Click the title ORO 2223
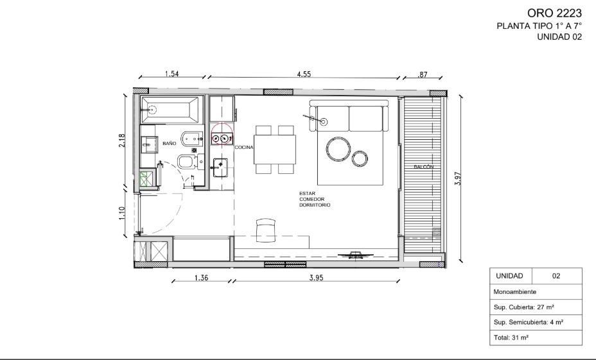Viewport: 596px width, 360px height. click(x=554, y=13)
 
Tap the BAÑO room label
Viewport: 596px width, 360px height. click(x=169, y=144)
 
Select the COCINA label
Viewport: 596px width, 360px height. click(x=244, y=148)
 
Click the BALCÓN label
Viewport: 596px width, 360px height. click(x=424, y=167)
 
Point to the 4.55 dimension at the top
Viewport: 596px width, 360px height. click(x=304, y=74)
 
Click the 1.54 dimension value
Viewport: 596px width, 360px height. click(x=172, y=74)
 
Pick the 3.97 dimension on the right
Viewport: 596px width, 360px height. click(x=458, y=178)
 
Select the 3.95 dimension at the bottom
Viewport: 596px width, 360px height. click(x=316, y=278)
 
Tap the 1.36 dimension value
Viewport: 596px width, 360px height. click(x=201, y=278)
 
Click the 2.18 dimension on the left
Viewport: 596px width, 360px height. click(x=122, y=141)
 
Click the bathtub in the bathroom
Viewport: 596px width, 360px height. click(x=170, y=110)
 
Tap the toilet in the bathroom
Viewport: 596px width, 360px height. click(x=187, y=162)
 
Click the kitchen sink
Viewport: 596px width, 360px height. click(x=220, y=167)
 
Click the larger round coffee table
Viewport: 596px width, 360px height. click(x=338, y=149)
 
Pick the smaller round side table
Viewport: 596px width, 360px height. click(x=360, y=159)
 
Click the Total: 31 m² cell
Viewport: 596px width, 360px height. click(x=536, y=337)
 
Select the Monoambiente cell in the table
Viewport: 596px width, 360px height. click(x=536, y=291)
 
